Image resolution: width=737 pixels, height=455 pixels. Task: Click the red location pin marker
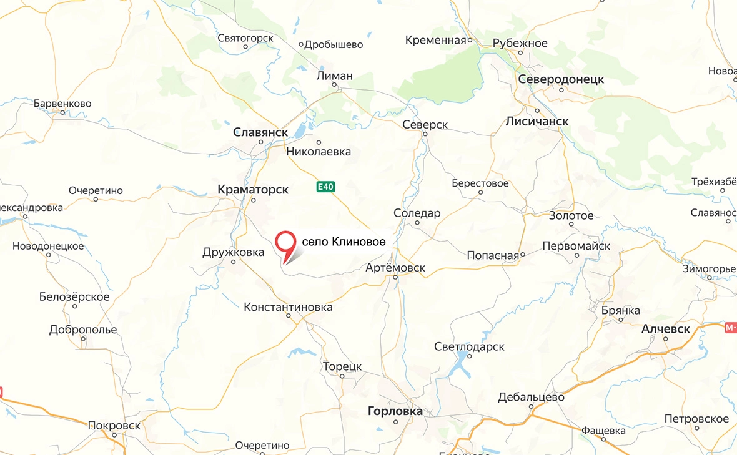286,243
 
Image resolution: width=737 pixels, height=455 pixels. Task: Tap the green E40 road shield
324,187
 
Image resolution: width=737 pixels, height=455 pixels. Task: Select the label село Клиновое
343,242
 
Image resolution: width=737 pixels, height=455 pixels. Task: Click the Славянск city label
260,132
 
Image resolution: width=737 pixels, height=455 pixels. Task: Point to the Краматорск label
253,188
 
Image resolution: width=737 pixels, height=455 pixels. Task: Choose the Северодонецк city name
561,79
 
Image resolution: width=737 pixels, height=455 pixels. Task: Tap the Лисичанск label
537,121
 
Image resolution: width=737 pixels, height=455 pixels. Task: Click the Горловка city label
395,411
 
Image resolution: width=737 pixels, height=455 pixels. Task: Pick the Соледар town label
417,213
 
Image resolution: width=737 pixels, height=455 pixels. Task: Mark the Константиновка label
288,307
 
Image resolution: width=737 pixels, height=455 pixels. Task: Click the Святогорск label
245,38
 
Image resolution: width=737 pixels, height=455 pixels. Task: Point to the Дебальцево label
531,398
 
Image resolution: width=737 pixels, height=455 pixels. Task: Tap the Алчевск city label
666,329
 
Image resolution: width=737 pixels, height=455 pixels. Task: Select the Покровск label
114,425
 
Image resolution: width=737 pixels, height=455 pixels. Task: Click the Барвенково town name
62,104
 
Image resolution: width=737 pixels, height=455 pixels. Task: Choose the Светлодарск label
469,346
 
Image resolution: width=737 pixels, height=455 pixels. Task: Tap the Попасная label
493,255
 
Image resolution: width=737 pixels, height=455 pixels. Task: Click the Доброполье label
83,330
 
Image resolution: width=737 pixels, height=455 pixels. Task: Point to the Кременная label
436,41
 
